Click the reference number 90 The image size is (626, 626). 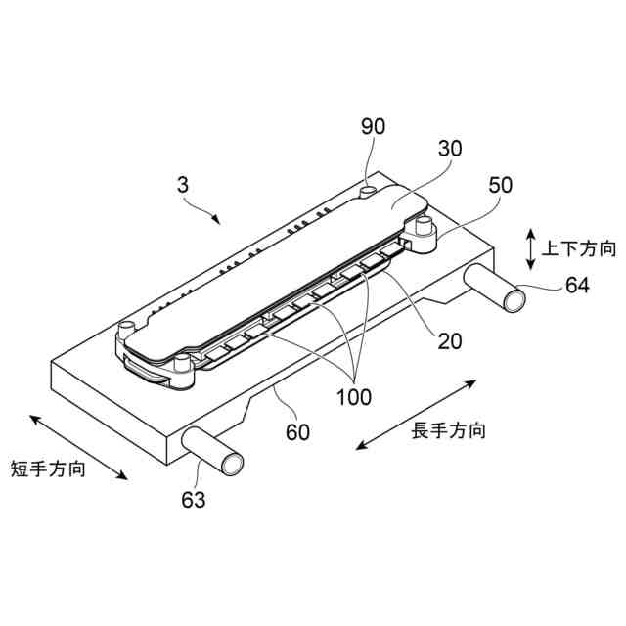pyautogui.click(x=373, y=126)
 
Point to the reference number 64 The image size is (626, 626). pyautogui.click(x=578, y=286)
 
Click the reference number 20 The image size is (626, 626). pyautogui.click(x=450, y=340)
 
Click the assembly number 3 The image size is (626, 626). pyautogui.click(x=182, y=184)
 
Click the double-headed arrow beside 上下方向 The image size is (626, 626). pyautogui.click(x=529, y=248)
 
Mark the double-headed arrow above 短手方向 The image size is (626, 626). pyautogui.click(x=79, y=446)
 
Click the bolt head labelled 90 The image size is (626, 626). pyautogui.click(x=371, y=188)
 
